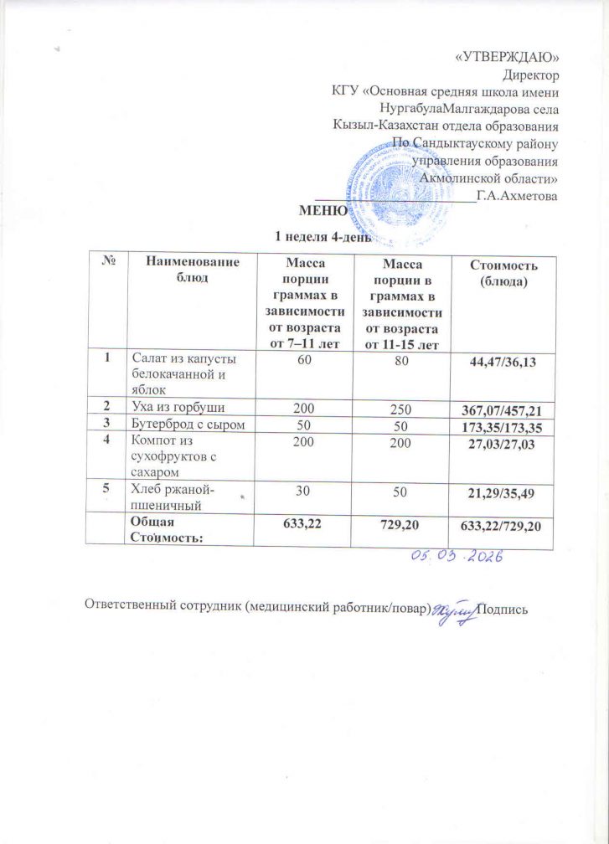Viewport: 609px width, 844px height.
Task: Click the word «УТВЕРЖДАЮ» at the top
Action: [x=513, y=57]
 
